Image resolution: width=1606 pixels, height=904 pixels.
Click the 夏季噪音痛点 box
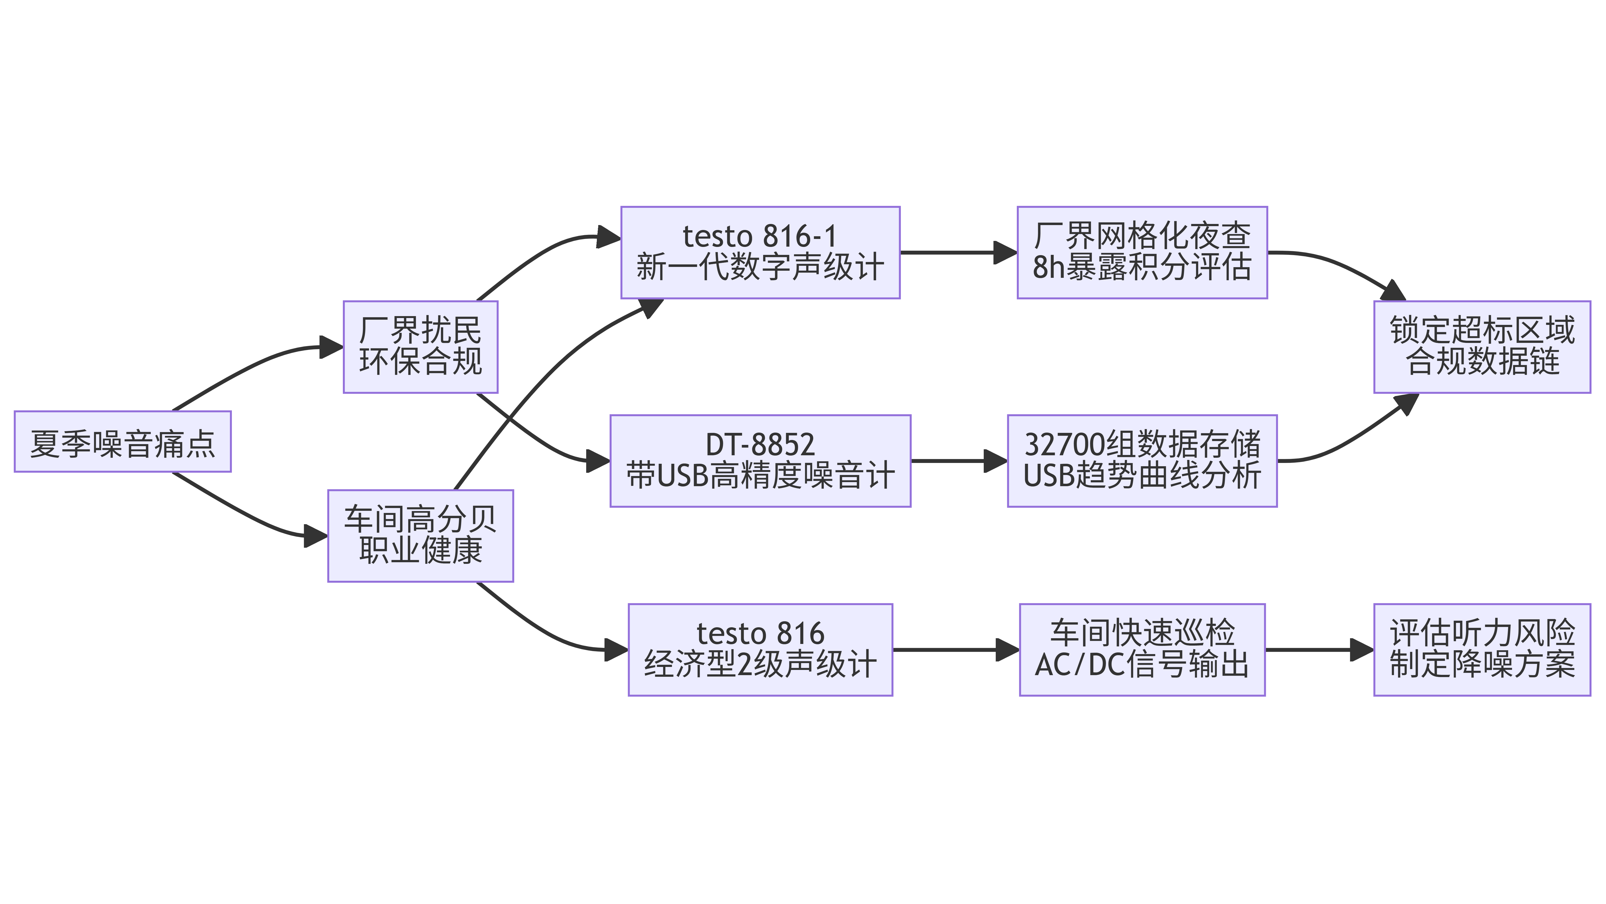(x=123, y=441)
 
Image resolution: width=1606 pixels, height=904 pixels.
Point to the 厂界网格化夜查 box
(x=1142, y=252)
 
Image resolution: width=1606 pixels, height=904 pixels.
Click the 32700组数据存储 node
(x=1142, y=461)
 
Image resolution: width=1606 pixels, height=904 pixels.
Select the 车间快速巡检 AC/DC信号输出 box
(x=1142, y=650)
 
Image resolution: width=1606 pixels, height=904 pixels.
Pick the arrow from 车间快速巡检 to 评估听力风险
(x=1319, y=650)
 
